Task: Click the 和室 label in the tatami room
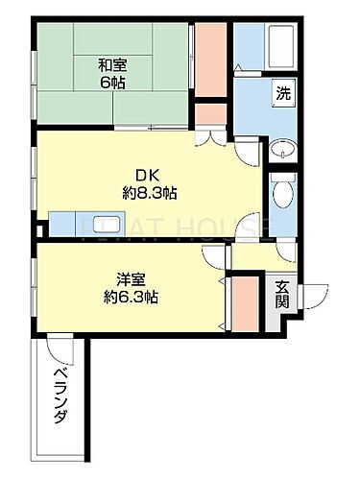111,65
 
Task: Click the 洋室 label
132,279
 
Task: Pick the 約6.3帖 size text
132,297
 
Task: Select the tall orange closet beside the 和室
211,58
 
